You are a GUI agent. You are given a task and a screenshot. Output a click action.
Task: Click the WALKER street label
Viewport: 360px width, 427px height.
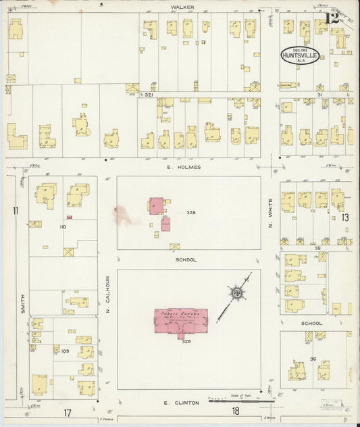click(x=182, y=6)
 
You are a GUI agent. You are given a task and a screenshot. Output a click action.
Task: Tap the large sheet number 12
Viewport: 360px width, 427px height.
click(x=332, y=18)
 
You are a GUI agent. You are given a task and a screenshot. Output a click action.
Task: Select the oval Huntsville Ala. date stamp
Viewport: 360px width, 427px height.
click(x=300, y=55)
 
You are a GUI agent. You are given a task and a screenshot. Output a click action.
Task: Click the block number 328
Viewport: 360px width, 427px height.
click(x=191, y=212)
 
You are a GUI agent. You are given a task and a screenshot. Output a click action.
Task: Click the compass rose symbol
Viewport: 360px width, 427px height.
click(x=238, y=292)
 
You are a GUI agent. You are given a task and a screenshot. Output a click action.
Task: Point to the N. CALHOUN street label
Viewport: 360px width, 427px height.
click(x=107, y=294)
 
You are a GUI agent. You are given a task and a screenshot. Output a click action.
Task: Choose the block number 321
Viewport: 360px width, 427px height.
click(x=149, y=96)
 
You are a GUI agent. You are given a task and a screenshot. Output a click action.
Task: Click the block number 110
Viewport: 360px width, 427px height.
click(x=63, y=227)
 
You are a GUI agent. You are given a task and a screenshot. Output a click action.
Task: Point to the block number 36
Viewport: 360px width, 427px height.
click(x=313, y=358)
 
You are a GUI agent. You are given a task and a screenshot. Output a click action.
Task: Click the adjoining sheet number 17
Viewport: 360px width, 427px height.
click(x=68, y=412)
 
